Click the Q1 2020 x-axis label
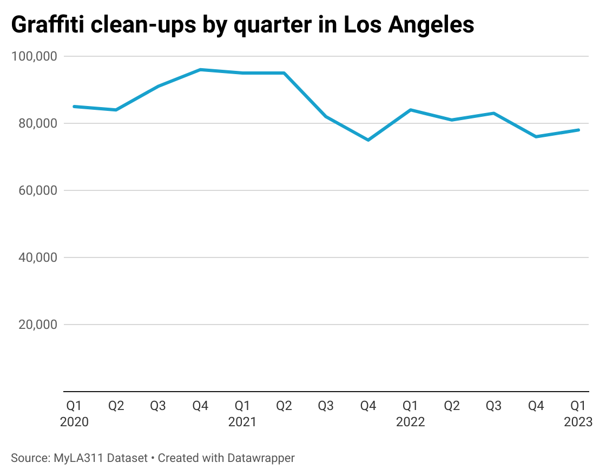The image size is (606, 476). (x=74, y=413)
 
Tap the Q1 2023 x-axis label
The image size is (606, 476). (x=578, y=413)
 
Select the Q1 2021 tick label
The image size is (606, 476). (x=242, y=413)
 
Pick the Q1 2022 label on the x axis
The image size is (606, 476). (x=410, y=413)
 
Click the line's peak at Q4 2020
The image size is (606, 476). (x=200, y=70)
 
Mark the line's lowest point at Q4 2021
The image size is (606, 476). (x=368, y=140)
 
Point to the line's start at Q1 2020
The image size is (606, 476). (x=74, y=107)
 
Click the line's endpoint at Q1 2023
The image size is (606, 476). (x=578, y=130)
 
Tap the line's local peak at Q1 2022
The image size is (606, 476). (x=411, y=110)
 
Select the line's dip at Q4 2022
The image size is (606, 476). (x=536, y=136)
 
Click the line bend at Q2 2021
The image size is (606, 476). (x=284, y=73)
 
